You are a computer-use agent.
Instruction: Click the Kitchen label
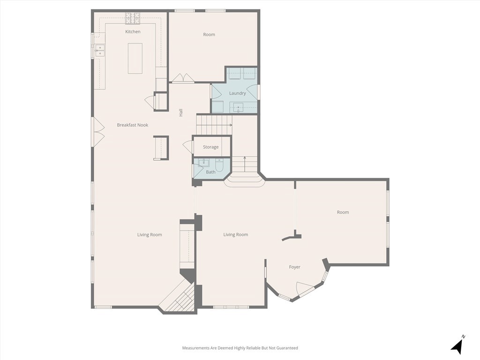[133, 32]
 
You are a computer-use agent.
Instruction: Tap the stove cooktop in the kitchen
[133, 18]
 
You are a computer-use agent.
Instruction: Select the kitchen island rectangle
[135, 58]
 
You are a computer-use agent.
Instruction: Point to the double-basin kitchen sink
[100, 51]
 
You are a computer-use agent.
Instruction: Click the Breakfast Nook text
[133, 125]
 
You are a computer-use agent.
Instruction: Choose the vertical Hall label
[181, 112]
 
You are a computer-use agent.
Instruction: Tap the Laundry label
[237, 93]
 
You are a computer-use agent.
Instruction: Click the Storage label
[210, 147]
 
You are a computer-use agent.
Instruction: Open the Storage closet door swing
[188, 147]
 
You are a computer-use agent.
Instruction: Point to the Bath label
[210, 172]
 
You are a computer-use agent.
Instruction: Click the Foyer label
[294, 267]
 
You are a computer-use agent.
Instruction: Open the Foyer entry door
[305, 289]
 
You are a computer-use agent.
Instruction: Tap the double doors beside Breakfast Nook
[98, 132]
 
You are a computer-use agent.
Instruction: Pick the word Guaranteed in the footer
[286, 348]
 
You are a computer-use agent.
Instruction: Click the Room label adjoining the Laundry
[209, 35]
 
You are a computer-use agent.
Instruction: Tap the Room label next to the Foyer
[343, 212]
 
